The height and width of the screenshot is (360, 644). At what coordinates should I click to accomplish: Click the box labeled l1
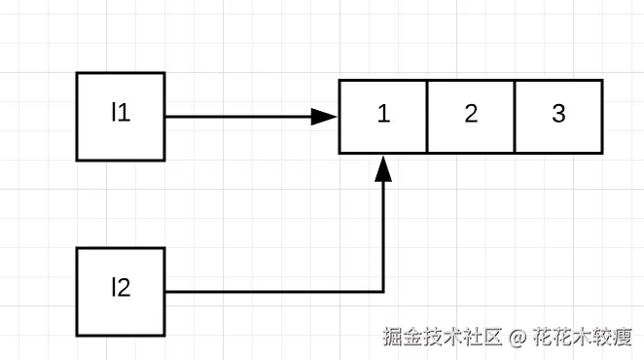121,116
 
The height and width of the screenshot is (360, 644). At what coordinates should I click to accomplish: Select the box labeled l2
121,291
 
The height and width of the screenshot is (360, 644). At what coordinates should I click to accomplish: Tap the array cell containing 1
383,116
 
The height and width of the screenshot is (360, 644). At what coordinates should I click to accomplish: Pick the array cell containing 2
471,116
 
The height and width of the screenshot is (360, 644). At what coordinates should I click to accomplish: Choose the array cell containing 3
558,116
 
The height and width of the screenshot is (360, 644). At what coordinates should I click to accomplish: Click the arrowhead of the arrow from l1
326,117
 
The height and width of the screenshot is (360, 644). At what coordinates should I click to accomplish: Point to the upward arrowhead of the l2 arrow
383,167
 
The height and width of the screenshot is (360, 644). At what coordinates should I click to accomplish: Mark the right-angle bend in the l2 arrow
383,291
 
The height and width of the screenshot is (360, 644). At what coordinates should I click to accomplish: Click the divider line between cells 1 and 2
427,116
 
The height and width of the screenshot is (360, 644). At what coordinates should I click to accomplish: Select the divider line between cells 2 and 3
515,116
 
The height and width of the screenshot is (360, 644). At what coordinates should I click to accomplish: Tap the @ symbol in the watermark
517,337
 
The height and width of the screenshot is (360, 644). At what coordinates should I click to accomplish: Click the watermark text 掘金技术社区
442,337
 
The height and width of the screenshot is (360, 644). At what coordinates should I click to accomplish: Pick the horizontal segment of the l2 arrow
272,291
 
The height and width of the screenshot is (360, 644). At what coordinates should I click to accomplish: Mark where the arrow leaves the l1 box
166,117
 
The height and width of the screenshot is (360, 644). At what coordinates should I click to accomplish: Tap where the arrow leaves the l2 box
166,291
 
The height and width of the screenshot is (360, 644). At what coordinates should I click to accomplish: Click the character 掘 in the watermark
393,337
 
